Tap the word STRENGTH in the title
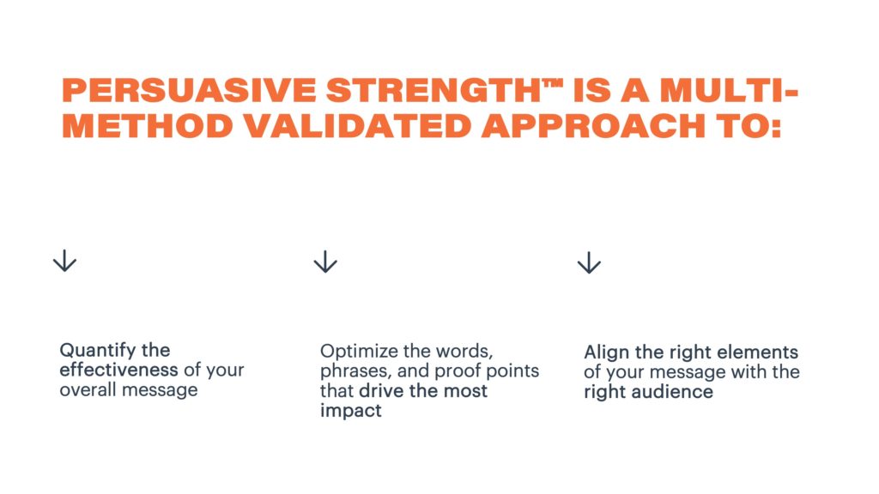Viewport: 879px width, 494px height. coord(433,90)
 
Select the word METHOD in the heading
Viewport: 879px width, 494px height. coord(148,125)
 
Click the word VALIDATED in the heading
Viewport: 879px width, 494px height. coord(357,125)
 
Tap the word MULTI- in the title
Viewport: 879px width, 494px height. coord(729,90)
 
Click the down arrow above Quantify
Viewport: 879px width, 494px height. coord(64,261)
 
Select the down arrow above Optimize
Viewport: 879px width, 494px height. coord(325,262)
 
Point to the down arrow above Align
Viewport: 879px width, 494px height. coord(589,262)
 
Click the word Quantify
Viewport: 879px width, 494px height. coord(98,351)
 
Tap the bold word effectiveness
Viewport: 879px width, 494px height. coord(118,370)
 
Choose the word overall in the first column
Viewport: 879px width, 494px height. coord(88,389)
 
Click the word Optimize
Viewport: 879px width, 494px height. coord(360,351)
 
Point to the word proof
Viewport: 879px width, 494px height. coord(458,370)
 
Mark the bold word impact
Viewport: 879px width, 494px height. coord(351,411)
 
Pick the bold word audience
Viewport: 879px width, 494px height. coord(672,391)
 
